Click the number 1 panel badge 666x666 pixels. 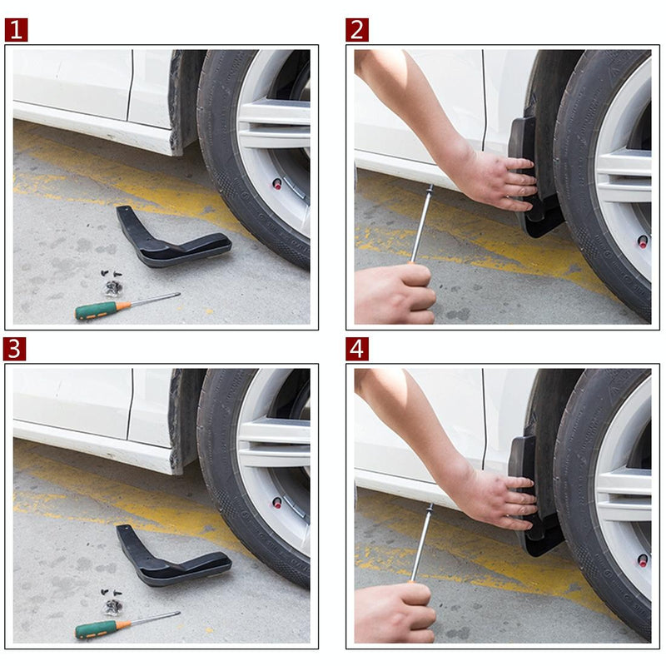point(16,30)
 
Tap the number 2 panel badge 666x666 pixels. point(357,30)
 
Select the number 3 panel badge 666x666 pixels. point(16,349)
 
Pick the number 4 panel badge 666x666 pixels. point(357,349)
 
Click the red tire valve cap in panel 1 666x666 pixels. point(277,183)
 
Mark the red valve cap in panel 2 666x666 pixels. point(643,241)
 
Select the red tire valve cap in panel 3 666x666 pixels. point(277,503)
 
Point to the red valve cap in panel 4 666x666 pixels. point(643,560)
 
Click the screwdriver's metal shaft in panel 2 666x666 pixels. point(421,223)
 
